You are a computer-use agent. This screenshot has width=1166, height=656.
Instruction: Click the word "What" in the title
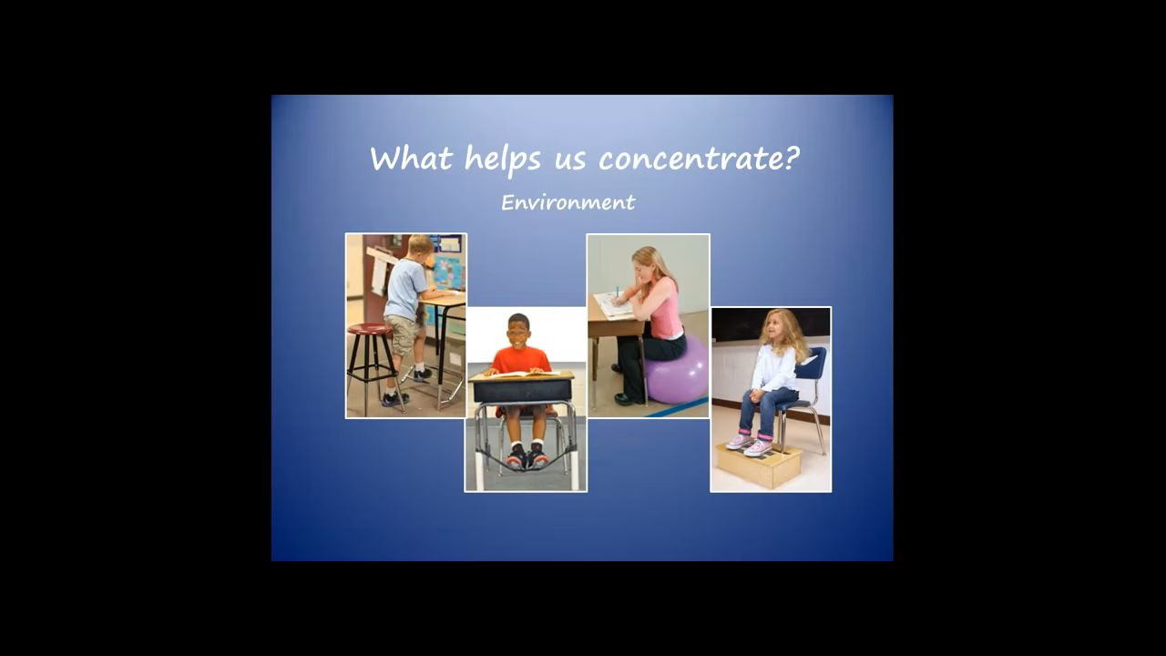411,158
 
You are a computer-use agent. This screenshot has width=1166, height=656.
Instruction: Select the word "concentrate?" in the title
699,159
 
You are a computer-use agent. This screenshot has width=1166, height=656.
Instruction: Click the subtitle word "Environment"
568,202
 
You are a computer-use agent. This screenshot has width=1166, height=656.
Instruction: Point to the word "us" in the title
570,161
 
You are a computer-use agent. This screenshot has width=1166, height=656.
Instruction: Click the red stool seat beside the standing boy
370,329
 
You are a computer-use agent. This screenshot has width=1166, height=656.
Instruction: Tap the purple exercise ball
677,371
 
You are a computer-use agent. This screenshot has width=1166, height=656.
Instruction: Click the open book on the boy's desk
523,374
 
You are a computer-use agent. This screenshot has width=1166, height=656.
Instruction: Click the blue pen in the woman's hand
618,292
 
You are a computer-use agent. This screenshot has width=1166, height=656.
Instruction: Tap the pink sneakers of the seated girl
750,444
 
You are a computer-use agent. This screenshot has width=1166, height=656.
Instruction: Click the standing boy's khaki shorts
402,334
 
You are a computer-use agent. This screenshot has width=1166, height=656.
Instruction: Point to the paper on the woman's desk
613,305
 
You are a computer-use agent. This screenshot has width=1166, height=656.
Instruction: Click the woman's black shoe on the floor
628,399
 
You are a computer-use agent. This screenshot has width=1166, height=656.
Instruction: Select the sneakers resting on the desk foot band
527,457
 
